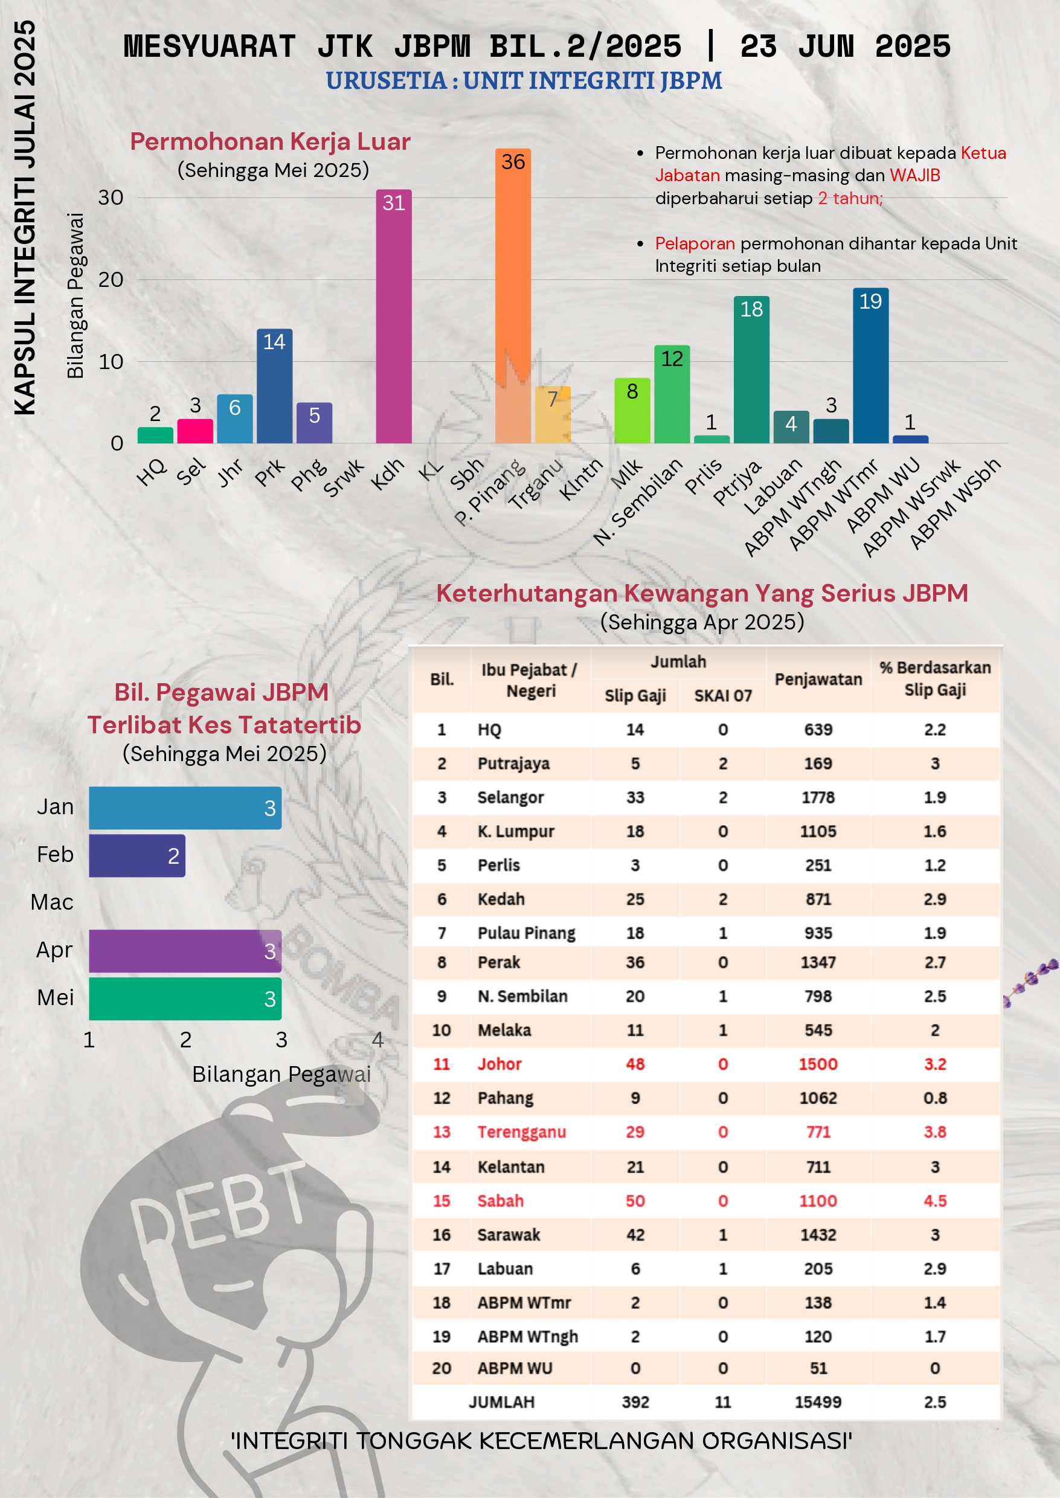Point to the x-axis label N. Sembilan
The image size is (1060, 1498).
pyautogui.click(x=638, y=501)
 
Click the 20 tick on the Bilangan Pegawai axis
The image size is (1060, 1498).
pyautogui.click(x=111, y=280)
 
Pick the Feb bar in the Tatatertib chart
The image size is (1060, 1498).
pyautogui.click(x=137, y=856)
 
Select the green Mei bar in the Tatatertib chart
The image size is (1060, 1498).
pyautogui.click(x=185, y=998)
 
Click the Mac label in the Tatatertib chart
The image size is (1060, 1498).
pyautogui.click(x=52, y=902)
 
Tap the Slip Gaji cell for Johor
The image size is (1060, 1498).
pyautogui.click(x=635, y=1064)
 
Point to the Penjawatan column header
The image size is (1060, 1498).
pyautogui.click(x=818, y=679)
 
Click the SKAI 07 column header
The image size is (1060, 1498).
pyautogui.click(x=722, y=696)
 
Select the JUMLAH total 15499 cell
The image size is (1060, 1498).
pyautogui.click(x=818, y=1401)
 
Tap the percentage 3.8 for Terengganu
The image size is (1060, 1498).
pyautogui.click(x=935, y=1132)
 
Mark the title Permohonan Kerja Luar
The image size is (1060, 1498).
pyautogui.click(x=270, y=141)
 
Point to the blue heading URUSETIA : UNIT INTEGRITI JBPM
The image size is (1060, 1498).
pyautogui.click(x=524, y=80)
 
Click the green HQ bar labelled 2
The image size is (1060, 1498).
pyautogui.click(x=155, y=436)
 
